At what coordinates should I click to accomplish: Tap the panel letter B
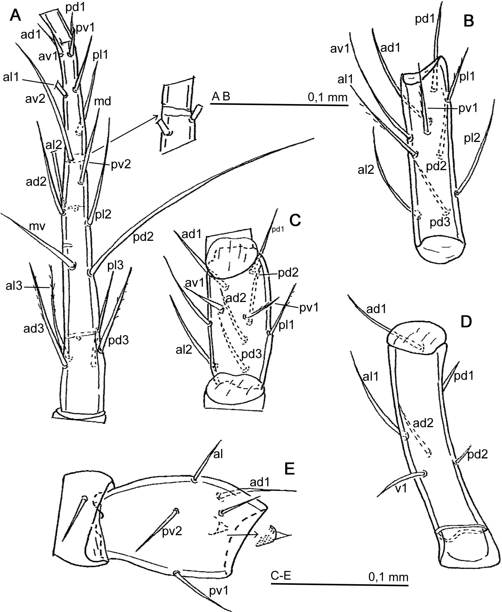click(x=469, y=21)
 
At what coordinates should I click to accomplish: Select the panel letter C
click(x=295, y=220)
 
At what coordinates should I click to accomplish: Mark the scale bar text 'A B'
click(x=221, y=96)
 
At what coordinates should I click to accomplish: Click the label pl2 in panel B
click(x=472, y=138)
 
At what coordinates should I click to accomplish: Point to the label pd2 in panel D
click(x=477, y=454)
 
